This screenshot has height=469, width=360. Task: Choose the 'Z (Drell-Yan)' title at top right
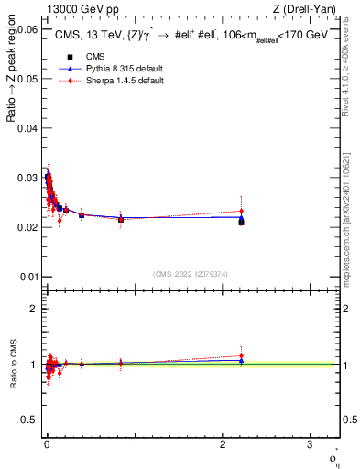(x=310, y=10)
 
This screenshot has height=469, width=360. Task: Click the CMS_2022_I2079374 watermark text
(x=191, y=273)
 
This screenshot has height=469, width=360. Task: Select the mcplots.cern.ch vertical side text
(x=349, y=211)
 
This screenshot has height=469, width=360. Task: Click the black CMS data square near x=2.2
(x=241, y=222)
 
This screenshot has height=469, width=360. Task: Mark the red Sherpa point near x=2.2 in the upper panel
(x=241, y=211)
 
